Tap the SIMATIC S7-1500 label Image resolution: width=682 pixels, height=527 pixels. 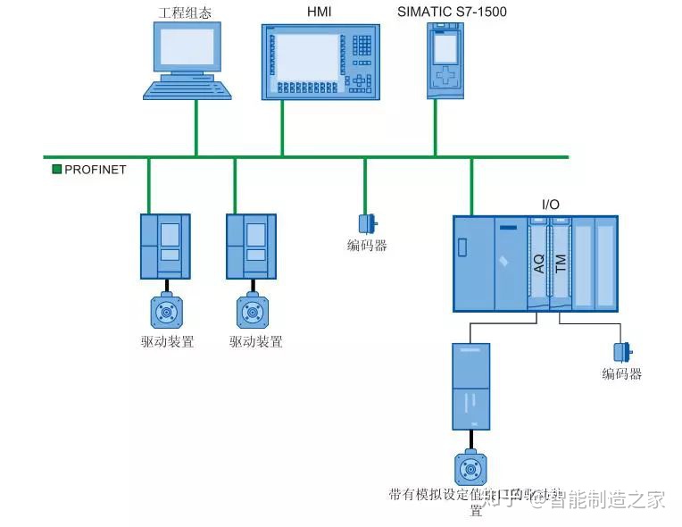pos(444,12)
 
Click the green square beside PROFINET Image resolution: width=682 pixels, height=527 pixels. pos(57,169)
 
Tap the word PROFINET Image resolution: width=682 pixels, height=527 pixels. pos(96,169)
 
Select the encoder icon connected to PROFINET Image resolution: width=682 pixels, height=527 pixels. pos(366,223)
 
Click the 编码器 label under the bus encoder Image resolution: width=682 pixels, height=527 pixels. pos(367,246)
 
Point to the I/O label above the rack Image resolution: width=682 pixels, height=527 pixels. pos(551,205)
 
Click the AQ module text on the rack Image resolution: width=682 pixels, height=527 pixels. pos(538,263)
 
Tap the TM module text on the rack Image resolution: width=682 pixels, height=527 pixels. pos(561,263)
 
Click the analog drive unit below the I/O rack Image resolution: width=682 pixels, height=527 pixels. pos(470,387)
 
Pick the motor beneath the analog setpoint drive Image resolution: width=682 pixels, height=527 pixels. pos(470,467)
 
